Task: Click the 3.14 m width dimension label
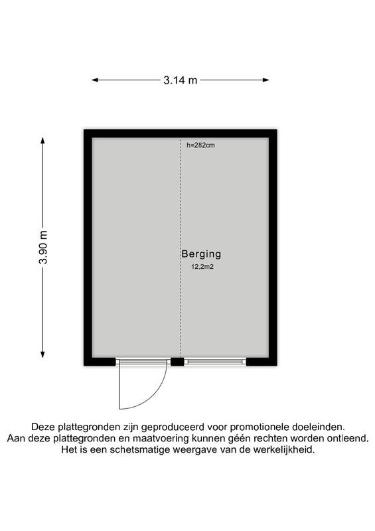click(181, 80)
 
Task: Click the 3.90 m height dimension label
click(44, 248)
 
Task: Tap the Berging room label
click(200, 254)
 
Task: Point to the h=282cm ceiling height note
click(200, 145)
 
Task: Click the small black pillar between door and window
click(177, 362)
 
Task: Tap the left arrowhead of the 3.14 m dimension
click(95, 80)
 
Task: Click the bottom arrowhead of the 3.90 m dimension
click(44, 354)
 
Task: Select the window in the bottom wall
click(216, 362)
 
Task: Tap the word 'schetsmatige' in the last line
click(144, 449)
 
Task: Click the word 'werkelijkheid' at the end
click(283, 449)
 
